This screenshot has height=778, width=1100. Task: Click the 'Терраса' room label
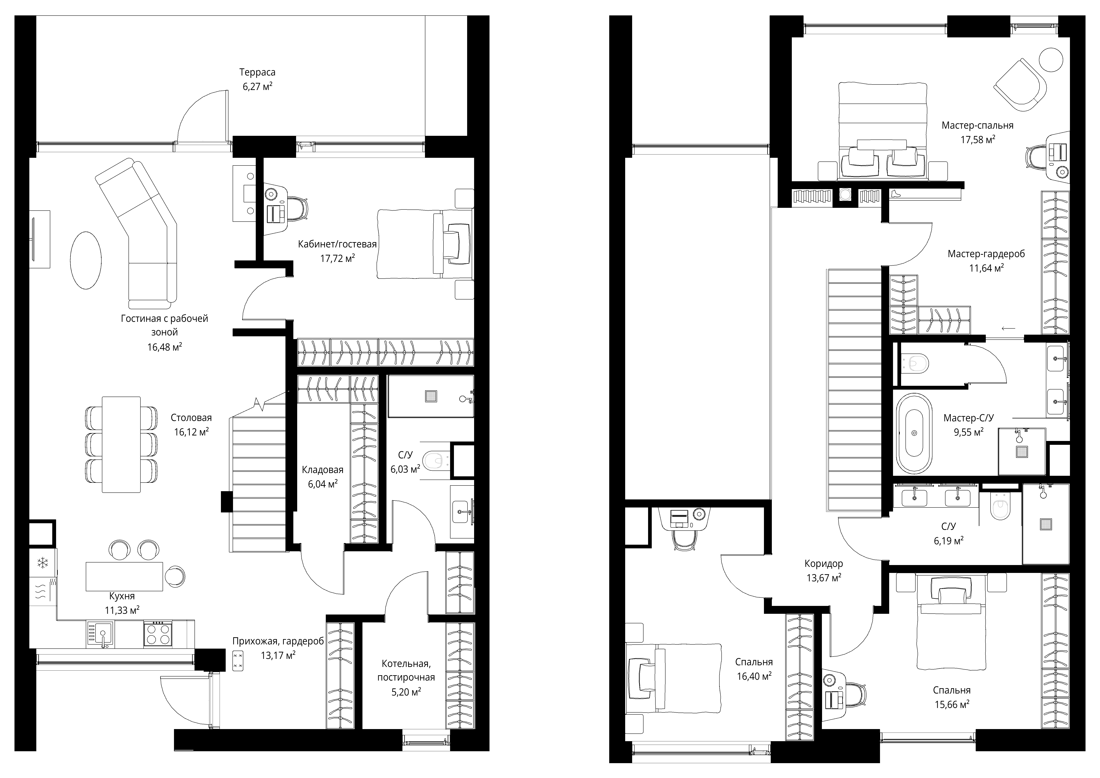(257, 72)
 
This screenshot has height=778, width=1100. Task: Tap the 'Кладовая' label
(322, 470)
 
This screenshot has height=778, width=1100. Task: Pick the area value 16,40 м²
(754, 676)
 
